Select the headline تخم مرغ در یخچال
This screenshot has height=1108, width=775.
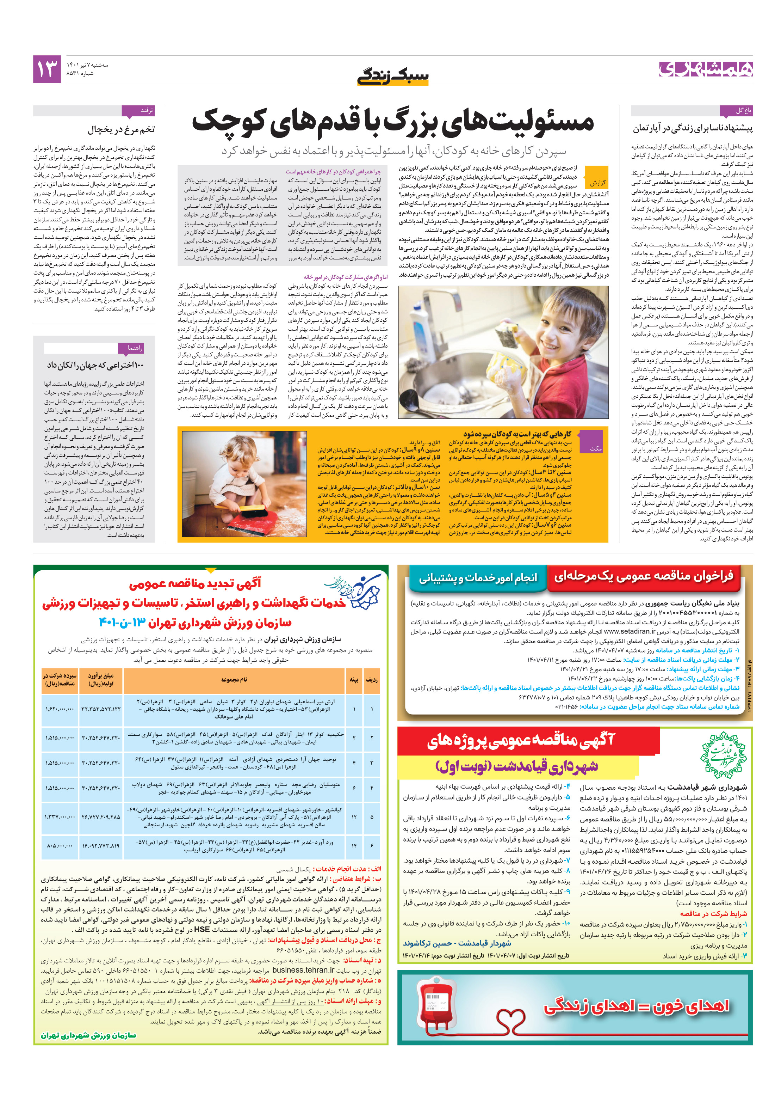coord(121,129)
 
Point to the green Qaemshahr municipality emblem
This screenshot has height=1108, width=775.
coord(722,755)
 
